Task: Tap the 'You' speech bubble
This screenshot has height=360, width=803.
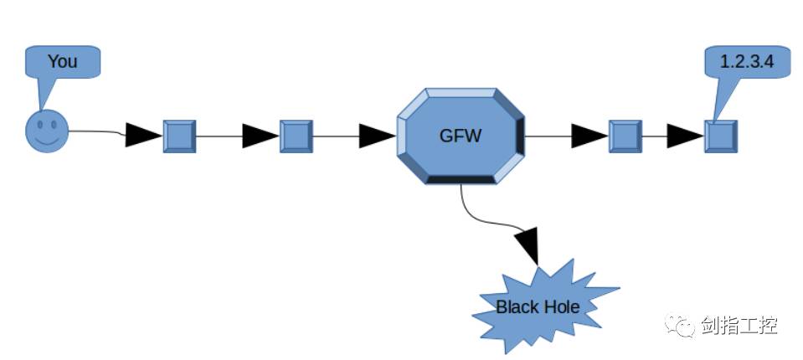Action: pos(62,62)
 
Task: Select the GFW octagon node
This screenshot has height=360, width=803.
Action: pos(460,135)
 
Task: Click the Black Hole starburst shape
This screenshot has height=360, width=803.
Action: pos(538,307)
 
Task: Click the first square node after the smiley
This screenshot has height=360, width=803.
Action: pos(178,136)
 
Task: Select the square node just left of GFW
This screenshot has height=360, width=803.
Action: pos(296,136)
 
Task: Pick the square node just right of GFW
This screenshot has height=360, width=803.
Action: pos(625,136)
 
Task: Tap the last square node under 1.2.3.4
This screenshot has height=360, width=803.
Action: pos(720,136)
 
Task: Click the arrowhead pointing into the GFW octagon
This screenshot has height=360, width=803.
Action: pos(376,136)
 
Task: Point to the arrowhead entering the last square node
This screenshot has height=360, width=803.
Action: pos(683,136)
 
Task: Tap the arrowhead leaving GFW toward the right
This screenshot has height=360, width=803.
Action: pos(589,136)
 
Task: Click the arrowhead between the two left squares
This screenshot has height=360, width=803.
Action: pos(259,136)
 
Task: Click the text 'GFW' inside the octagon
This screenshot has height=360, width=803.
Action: pos(460,135)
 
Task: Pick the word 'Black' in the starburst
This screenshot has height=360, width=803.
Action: pos(517,307)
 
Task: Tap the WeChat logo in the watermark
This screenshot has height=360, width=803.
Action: pos(681,324)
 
